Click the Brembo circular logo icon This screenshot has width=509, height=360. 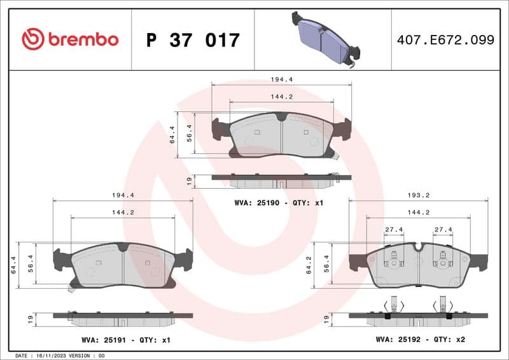tap(32, 39)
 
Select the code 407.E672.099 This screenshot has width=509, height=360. tap(445, 40)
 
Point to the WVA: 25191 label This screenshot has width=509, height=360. tap(102, 340)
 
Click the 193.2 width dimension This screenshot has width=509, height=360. tap(418, 195)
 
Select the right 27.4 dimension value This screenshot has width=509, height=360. tap(443, 230)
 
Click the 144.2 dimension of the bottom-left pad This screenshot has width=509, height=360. tap(123, 212)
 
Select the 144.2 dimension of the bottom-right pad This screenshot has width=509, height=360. tap(418, 212)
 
